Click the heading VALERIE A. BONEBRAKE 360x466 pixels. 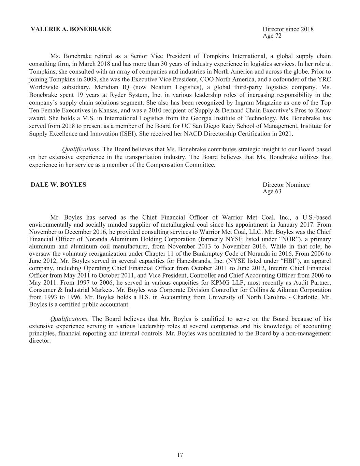(71, 29)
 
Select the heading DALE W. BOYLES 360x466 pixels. (58, 185)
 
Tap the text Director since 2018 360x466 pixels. (288, 29)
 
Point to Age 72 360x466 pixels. (272, 36)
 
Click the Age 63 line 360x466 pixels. (272, 191)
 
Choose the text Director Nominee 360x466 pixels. (286, 185)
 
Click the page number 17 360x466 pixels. (180, 455)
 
